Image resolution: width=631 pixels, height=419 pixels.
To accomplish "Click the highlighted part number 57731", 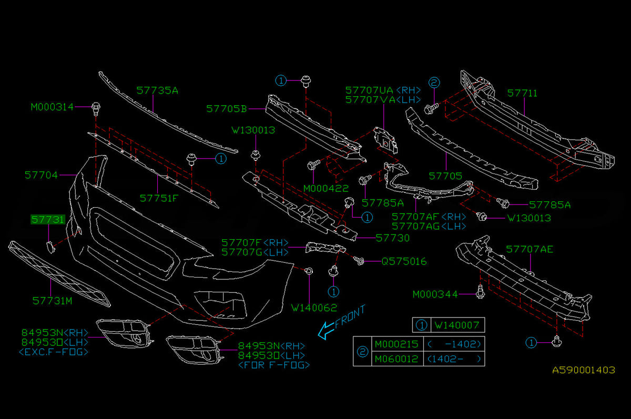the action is click(x=48, y=220).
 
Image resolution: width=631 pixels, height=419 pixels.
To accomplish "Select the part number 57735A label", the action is click(x=157, y=90).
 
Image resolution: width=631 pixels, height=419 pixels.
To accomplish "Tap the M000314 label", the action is click(x=52, y=107).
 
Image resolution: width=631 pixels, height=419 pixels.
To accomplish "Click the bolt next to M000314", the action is click(x=96, y=109).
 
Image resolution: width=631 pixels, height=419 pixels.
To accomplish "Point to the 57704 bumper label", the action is click(x=41, y=175).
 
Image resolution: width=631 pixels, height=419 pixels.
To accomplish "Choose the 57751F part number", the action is click(x=159, y=198).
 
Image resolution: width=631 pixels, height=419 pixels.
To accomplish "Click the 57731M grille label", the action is click(x=53, y=301).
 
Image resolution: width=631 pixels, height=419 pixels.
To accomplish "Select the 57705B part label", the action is click(x=227, y=109).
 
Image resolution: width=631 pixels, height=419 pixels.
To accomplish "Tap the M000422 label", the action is click(x=326, y=188).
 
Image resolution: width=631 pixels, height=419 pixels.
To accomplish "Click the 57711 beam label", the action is click(x=522, y=93).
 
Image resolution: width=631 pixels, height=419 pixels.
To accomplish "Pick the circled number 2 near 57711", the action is click(x=434, y=83).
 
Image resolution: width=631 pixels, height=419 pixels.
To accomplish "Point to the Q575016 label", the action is click(x=404, y=262).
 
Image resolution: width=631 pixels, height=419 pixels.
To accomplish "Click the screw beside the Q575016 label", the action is click(x=359, y=261).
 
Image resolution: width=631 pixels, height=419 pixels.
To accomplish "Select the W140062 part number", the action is click(x=314, y=308).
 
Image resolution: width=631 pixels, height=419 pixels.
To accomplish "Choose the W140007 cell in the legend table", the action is click(x=457, y=325).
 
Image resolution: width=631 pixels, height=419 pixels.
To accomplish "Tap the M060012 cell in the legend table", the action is click(x=396, y=359).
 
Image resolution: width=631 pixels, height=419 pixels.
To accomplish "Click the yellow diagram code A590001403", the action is click(x=584, y=370).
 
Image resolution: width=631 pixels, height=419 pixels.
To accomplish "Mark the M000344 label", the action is click(x=435, y=294).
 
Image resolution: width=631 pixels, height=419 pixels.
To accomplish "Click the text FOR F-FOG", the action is click(x=274, y=365).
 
